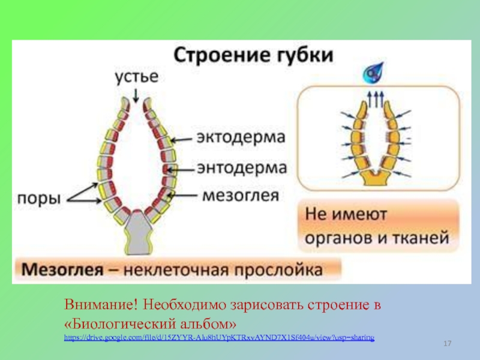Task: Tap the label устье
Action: (x=137, y=77)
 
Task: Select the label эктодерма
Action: (x=240, y=136)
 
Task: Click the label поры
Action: (x=37, y=198)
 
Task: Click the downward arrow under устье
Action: (x=137, y=94)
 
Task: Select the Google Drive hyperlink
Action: (x=219, y=339)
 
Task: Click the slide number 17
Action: (x=446, y=343)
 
